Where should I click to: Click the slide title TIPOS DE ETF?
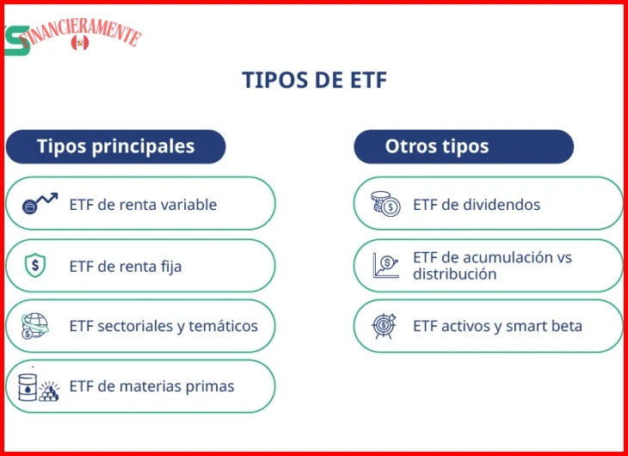pos(314,80)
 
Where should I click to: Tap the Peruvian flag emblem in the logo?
pos(80,42)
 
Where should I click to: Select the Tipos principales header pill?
pos(116,146)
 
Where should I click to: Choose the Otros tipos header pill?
pos(464,146)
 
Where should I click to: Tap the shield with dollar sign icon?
pos(35,265)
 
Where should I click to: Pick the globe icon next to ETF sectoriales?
pos(34,326)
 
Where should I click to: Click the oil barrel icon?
pos(28,387)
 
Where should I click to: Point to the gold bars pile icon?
pos(49,391)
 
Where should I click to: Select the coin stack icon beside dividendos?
pos(385,204)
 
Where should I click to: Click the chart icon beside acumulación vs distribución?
pos(385,265)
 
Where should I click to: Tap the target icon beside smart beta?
pos(384,326)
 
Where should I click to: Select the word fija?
pos(171,267)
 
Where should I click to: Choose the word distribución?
pos(454,274)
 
